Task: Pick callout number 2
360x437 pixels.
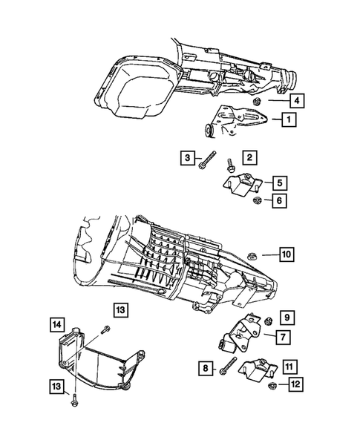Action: coord(251,157)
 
